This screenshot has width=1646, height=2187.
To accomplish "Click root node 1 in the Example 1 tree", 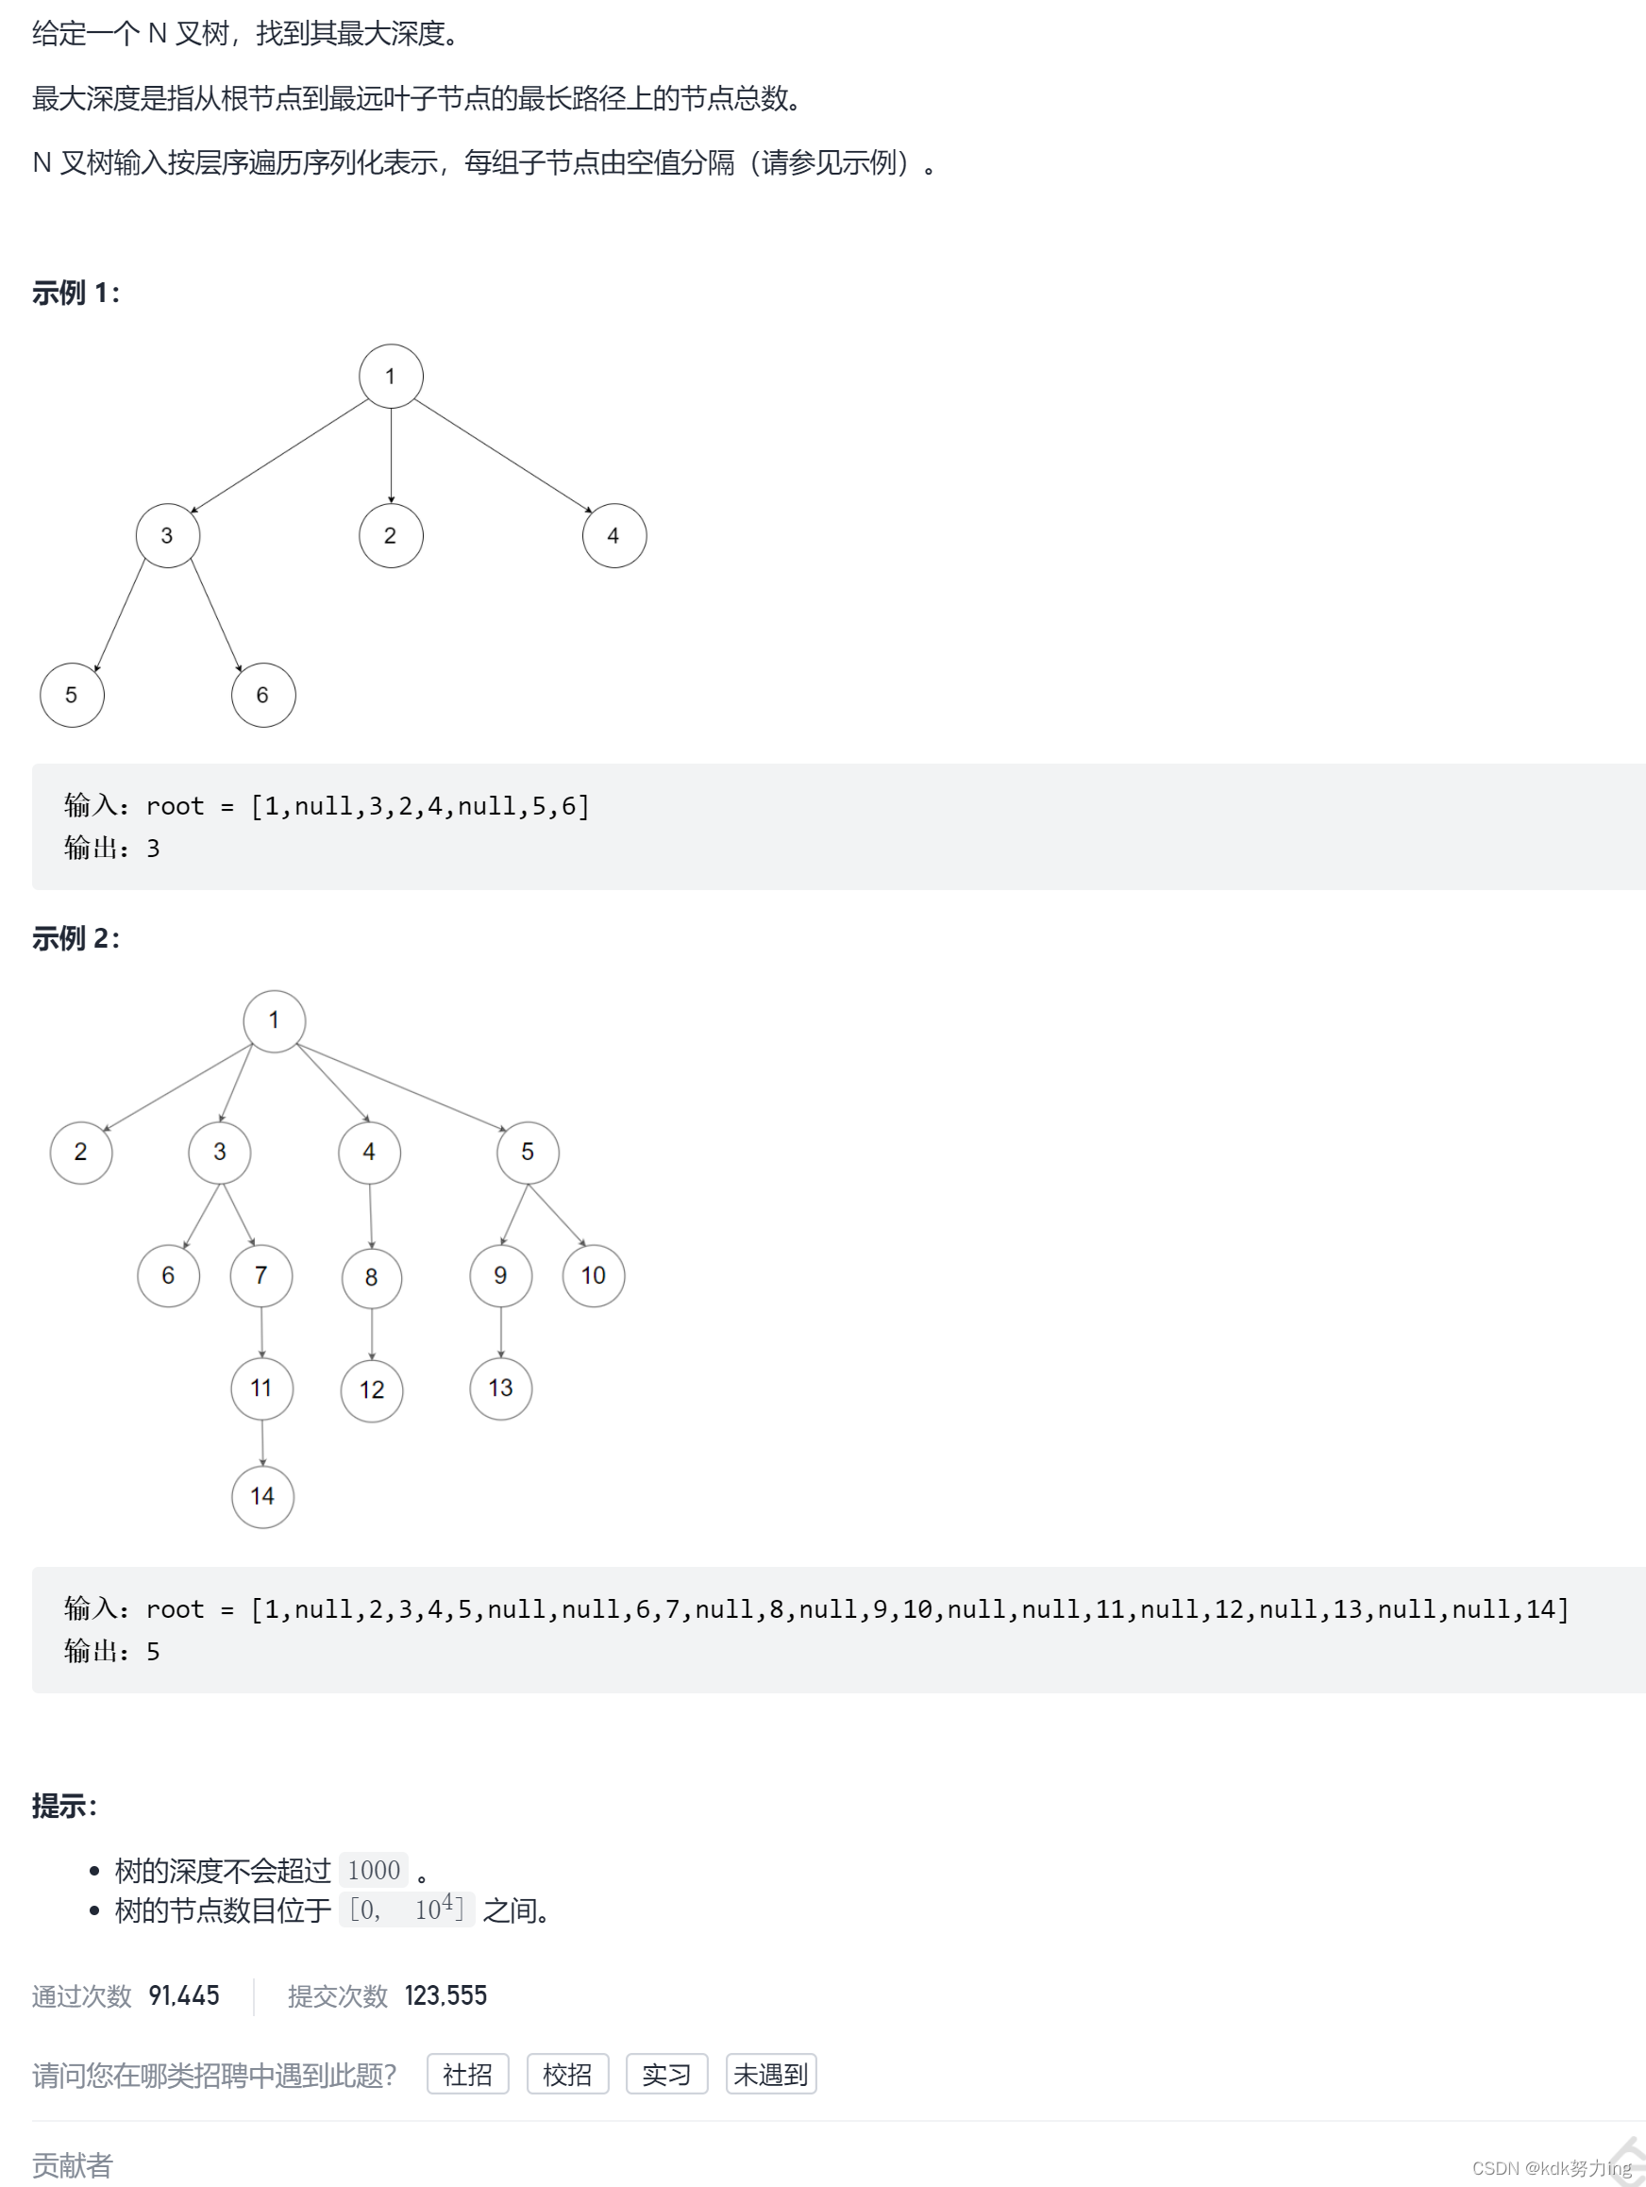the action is click(391, 376).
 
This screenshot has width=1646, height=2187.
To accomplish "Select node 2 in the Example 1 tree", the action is click(391, 535).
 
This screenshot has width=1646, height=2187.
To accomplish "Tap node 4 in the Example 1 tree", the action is click(613, 535).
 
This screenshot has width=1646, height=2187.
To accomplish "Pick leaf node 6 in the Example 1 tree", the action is click(263, 695).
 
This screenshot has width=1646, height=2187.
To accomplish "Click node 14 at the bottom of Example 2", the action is click(262, 1496).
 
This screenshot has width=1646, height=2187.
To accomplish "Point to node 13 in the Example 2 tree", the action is click(500, 1388).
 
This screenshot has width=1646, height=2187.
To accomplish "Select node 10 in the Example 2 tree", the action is click(593, 1275).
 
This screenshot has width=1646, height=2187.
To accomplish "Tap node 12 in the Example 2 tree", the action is click(372, 1390).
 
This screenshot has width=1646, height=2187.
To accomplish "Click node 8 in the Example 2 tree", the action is click(372, 1277).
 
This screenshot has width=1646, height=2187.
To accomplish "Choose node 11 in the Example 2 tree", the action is click(261, 1388).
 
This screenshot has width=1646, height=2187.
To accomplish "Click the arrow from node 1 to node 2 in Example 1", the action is click(391, 455).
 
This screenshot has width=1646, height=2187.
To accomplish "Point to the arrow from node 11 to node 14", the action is click(262, 1442).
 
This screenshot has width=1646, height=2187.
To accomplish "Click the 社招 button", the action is click(467, 2074).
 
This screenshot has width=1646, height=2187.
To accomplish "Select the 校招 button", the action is click(567, 2074).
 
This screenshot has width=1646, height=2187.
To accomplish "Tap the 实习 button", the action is click(666, 2074).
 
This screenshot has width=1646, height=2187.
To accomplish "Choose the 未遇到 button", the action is click(770, 2074).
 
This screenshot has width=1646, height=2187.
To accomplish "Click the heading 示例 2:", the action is click(76, 937).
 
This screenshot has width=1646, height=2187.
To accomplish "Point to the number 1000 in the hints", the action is click(374, 1870).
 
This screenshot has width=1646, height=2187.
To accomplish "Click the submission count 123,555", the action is click(445, 1995).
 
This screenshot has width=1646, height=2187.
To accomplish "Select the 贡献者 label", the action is click(72, 2165).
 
